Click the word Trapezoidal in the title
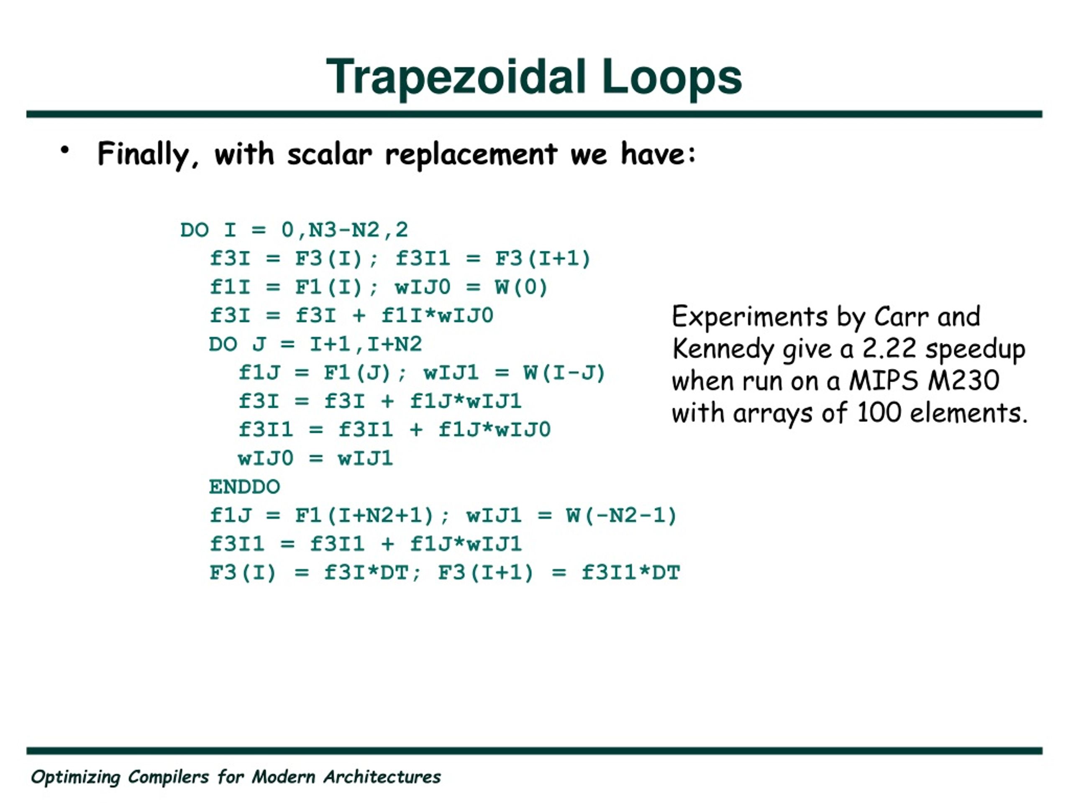tap(456, 77)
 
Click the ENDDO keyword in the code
tap(244, 487)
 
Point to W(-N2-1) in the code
tap(621, 516)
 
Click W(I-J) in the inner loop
tap(564, 373)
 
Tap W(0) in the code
tap(521, 287)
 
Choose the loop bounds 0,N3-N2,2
tap(345, 230)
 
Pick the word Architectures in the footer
tap(382, 777)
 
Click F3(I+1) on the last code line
tap(485, 573)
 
